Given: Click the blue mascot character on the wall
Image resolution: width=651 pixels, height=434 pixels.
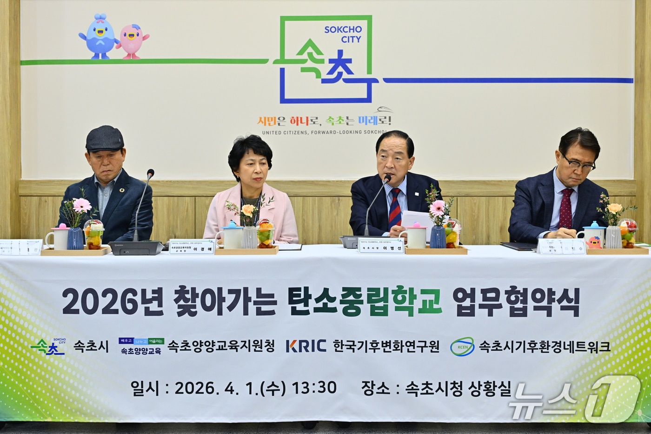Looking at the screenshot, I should (x=99, y=36).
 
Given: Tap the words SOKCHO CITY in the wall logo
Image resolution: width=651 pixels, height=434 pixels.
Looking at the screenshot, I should (x=343, y=34).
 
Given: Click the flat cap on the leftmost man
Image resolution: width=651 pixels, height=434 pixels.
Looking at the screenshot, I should (x=105, y=138).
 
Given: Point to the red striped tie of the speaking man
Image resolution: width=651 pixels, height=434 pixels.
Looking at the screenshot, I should (x=394, y=207).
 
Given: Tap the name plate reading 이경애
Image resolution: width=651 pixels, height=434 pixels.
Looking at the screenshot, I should (x=192, y=247).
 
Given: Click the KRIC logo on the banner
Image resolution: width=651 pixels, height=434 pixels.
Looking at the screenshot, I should (x=306, y=346).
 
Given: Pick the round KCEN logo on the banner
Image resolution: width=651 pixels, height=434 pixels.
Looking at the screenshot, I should (x=462, y=347).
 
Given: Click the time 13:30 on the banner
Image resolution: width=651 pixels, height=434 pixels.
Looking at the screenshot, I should (x=314, y=387).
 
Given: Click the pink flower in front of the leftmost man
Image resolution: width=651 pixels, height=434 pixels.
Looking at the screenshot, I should (x=82, y=205).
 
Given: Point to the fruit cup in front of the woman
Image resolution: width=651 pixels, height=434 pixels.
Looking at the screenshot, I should (x=265, y=233).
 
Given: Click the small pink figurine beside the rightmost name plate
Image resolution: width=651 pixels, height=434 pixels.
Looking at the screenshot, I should (x=594, y=242).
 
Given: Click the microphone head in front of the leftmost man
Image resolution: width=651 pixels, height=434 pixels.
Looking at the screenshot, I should (x=150, y=174).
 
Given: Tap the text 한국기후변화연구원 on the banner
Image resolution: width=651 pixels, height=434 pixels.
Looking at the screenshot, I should (x=386, y=346).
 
